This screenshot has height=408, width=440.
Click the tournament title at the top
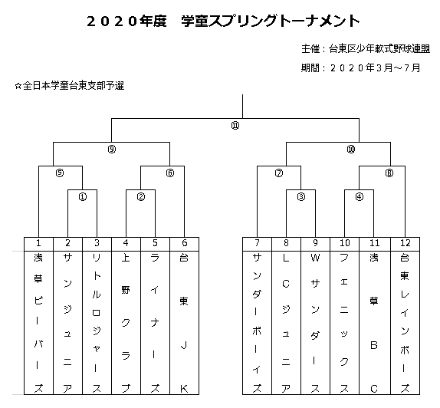tap(223, 21)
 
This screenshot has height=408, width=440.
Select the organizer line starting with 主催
tap(366, 49)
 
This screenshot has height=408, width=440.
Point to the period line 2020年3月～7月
tap(360, 67)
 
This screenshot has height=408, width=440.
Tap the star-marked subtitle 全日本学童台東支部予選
tap(70, 86)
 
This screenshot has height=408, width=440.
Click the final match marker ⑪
tap(235, 126)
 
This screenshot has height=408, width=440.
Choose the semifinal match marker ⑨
tap(112, 150)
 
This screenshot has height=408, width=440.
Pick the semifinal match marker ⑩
tap(351, 150)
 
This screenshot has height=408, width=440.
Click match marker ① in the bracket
tap(83, 197)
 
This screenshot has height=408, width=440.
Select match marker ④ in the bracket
tap(360, 197)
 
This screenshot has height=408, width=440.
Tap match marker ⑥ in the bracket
tap(170, 173)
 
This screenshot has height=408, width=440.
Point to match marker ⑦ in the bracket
tap(279, 173)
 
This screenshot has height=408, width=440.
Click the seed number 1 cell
tap(39, 244)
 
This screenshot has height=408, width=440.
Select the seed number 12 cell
tap(406, 244)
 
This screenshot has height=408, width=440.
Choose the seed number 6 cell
tap(185, 244)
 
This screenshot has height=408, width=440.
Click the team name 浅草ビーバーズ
tap(38, 323)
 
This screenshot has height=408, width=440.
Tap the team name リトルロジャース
tap(97, 323)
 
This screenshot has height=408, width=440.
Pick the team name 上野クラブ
tap(126, 323)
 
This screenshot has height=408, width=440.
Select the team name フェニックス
tap(344, 323)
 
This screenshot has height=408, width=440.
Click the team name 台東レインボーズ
tap(405, 323)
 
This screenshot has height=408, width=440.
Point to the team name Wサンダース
tap(315, 323)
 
